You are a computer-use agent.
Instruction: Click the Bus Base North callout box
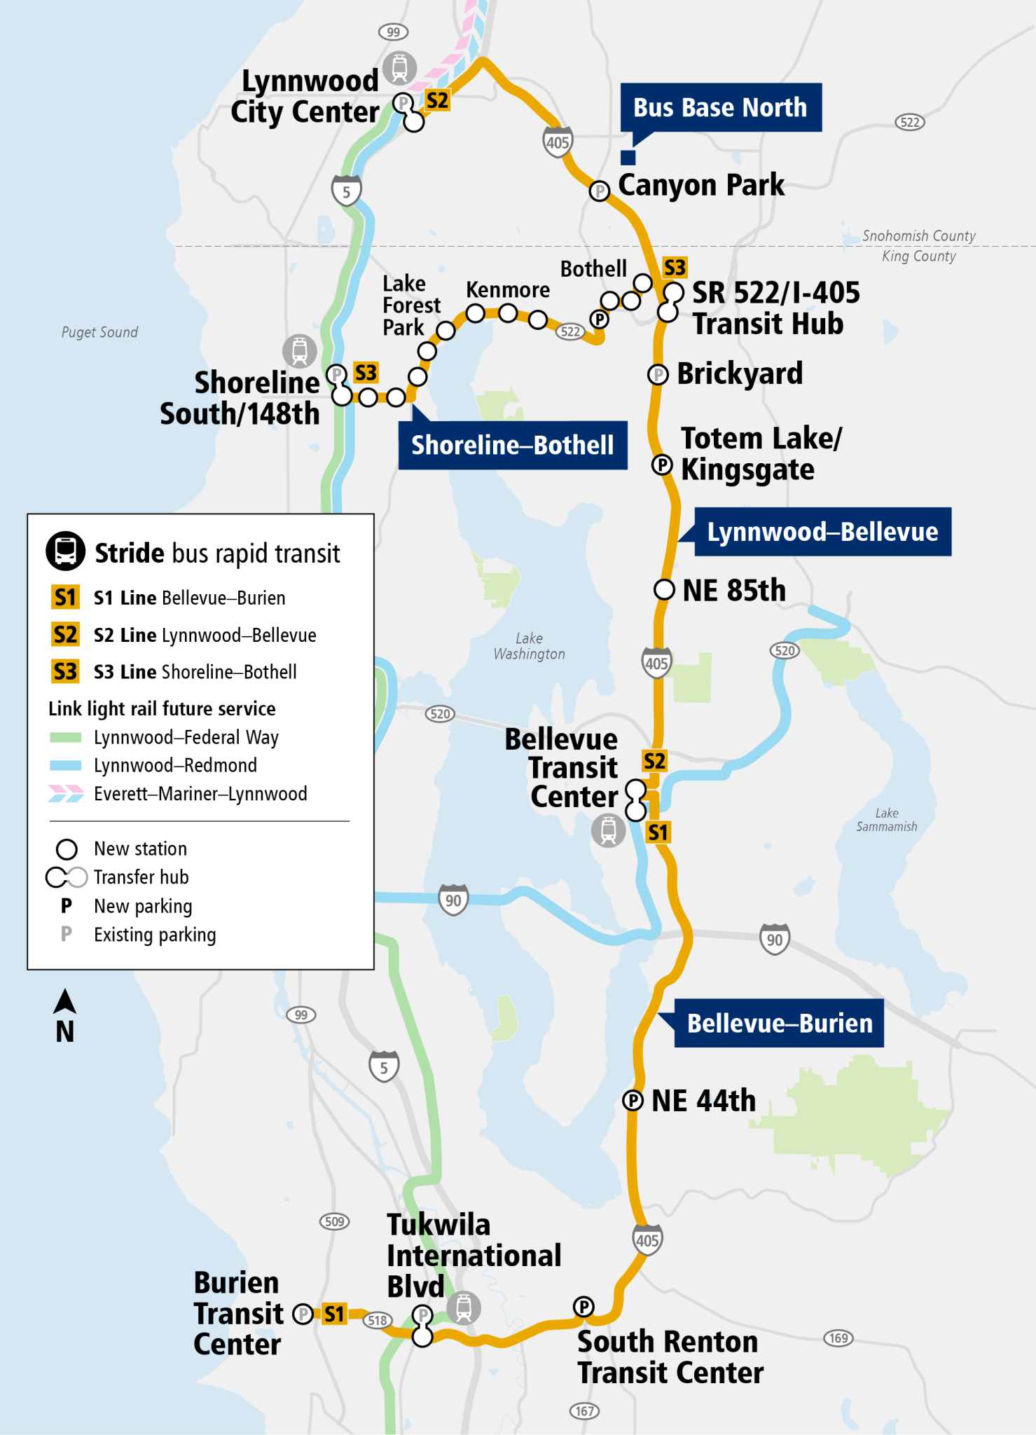coord(720,107)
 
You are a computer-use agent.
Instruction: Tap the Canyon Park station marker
coord(599,191)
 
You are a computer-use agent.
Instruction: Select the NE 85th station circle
coord(663,590)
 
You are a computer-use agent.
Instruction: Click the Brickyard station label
coord(739,373)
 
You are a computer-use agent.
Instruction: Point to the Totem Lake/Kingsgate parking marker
coord(662,465)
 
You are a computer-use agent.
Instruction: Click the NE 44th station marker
coord(633,1101)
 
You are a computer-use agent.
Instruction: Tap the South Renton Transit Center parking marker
coord(583,1306)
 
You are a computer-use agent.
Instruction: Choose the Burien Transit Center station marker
coord(303,1314)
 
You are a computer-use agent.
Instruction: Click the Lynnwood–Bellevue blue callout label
coord(822,532)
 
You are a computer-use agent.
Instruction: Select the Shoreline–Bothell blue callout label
coord(512,445)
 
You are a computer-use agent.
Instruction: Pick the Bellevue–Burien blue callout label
coord(779,1023)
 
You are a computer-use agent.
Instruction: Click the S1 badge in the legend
coord(65,598)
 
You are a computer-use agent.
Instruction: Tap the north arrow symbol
coord(64,1001)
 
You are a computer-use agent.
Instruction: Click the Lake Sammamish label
coord(886,820)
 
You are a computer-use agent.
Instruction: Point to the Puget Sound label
coord(99,332)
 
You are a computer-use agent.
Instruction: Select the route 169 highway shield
coord(838,1338)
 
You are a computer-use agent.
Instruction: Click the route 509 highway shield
coord(335,1221)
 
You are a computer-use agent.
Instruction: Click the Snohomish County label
coord(918,236)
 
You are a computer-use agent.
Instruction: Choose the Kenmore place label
coord(508,289)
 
